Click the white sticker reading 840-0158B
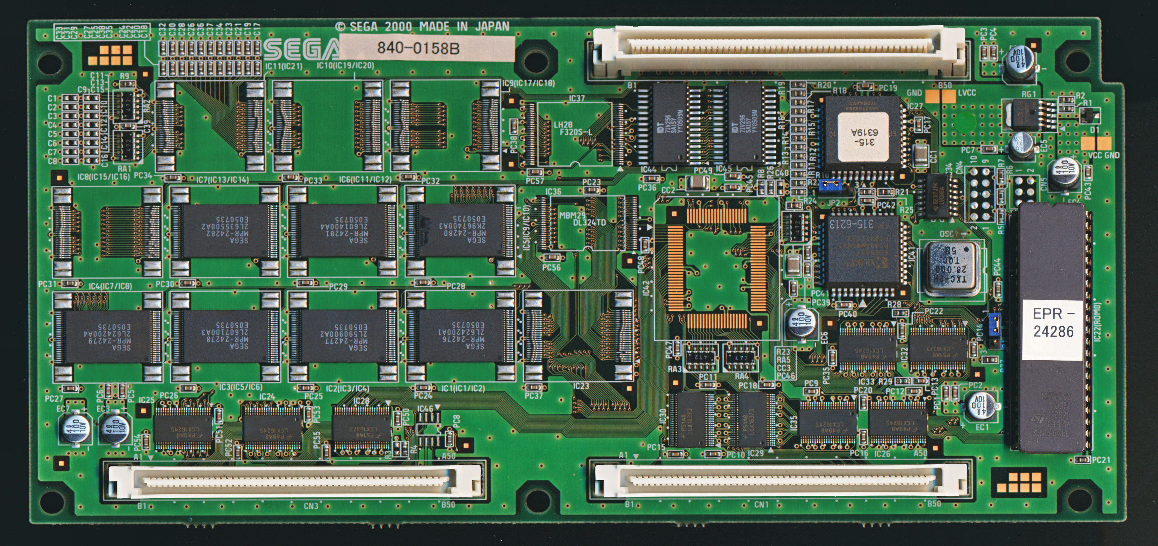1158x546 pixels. (426, 48)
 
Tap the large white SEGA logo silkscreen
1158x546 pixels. (301, 49)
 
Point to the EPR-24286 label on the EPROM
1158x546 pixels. (1053, 323)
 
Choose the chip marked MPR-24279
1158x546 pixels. (108, 337)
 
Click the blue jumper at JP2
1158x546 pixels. (830, 184)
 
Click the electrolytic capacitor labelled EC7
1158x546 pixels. (73, 426)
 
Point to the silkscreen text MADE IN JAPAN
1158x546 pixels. (464, 27)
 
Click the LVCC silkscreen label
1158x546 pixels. (967, 93)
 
